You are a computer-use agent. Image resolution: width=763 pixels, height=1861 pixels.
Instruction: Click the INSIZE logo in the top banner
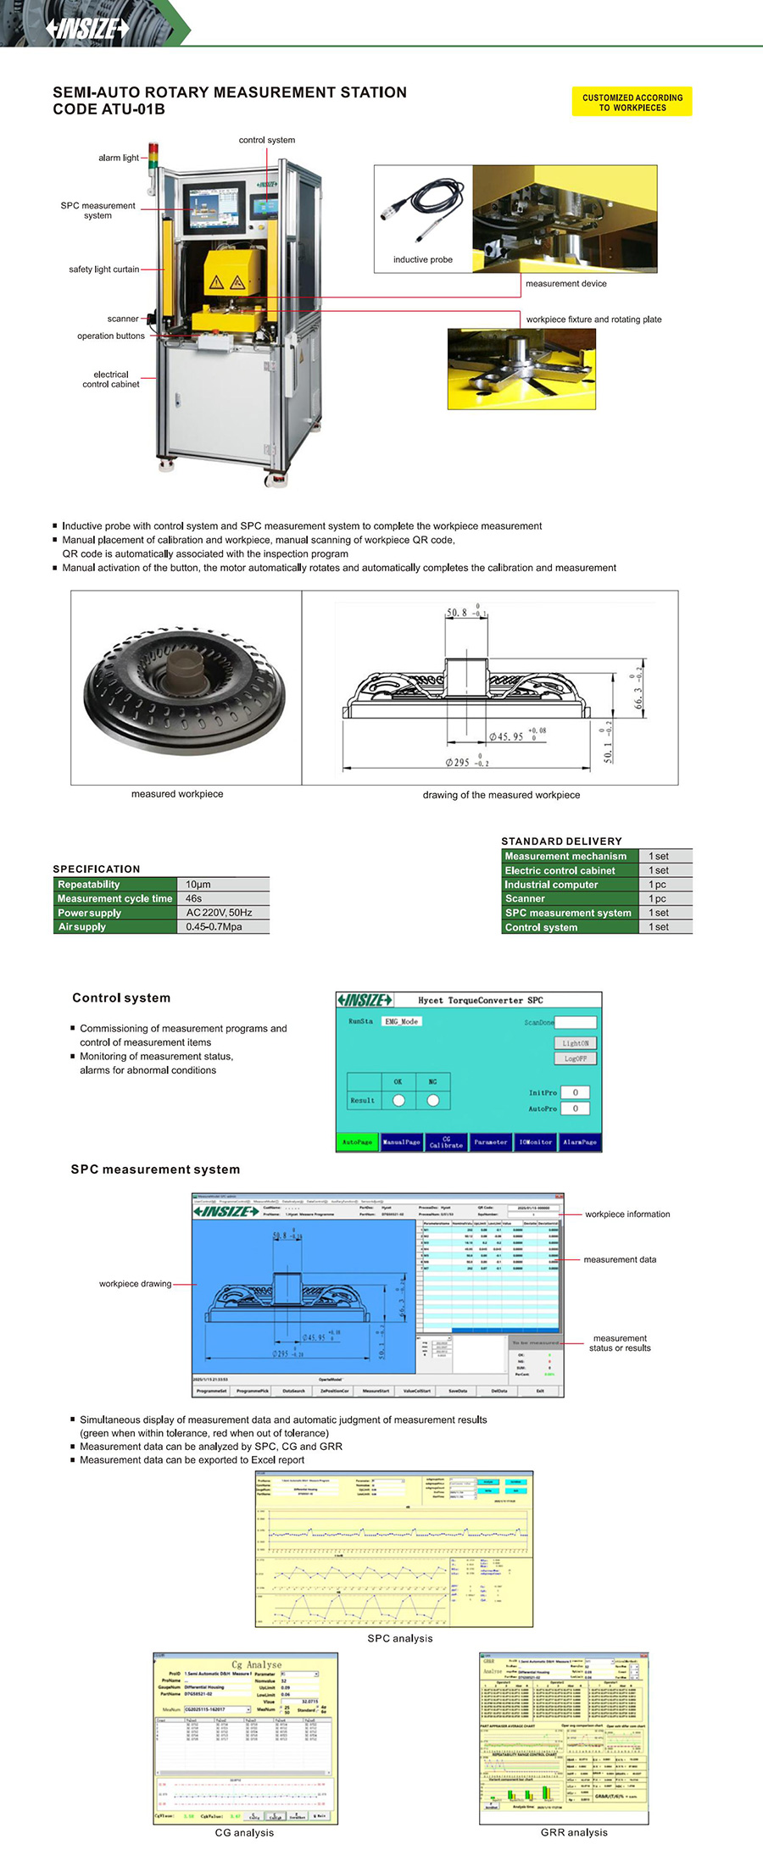(88, 29)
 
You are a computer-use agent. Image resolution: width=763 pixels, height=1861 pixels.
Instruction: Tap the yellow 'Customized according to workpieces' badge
(632, 103)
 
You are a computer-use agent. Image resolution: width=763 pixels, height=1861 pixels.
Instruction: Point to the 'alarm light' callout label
(118, 158)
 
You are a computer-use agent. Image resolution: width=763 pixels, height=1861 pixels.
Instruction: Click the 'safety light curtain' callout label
(103, 269)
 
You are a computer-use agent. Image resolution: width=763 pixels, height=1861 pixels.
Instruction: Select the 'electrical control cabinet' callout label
(111, 380)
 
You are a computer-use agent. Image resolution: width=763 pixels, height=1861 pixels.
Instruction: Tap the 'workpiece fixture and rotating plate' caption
(593, 319)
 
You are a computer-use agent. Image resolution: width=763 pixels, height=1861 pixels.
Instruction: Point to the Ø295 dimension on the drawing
(467, 763)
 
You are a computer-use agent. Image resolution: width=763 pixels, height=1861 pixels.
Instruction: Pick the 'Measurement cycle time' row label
(114, 898)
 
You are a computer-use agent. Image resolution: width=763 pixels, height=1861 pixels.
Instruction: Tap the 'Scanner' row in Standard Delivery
(526, 898)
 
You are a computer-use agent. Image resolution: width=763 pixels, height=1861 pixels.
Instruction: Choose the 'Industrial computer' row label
(552, 885)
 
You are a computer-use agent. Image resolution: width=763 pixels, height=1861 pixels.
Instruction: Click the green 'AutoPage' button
(357, 1142)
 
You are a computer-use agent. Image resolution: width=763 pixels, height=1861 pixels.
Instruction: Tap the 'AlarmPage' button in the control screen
(580, 1142)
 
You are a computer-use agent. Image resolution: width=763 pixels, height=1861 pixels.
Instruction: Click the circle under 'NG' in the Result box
(433, 1100)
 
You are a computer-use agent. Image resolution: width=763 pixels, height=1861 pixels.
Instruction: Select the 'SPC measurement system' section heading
(155, 1169)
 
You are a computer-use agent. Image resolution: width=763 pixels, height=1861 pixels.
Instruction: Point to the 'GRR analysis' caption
(574, 1832)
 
